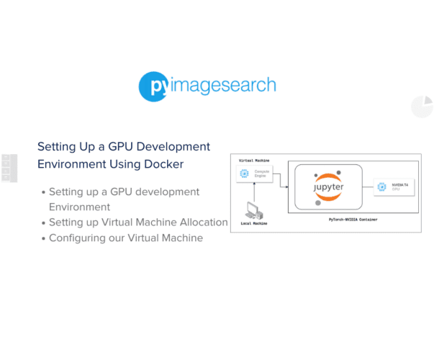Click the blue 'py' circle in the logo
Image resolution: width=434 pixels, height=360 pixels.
point(153,86)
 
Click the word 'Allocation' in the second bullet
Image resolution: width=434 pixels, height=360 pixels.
point(199,222)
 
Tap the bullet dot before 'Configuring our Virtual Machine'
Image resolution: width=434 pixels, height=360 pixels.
point(43,238)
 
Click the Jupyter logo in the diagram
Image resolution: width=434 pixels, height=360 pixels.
point(328,186)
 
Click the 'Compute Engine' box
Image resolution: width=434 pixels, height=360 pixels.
point(255,174)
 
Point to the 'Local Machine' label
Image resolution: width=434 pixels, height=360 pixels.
point(254,223)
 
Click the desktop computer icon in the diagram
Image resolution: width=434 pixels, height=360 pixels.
point(255,210)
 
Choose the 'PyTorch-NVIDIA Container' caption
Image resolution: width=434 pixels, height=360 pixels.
point(353,218)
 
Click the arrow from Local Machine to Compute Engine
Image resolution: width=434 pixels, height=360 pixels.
point(255,192)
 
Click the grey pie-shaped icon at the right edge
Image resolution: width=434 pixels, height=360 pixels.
point(422,107)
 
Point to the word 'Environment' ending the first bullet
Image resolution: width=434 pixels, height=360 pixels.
point(79,207)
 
